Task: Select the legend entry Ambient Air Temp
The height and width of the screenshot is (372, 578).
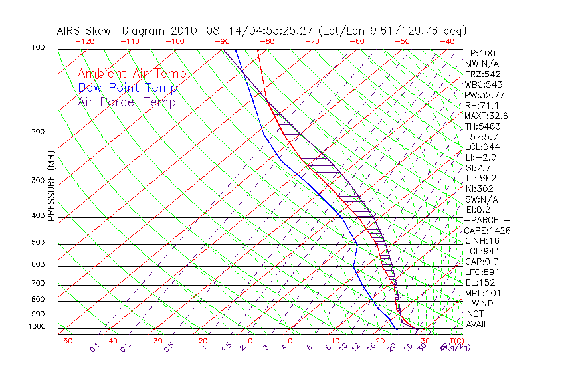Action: (132, 74)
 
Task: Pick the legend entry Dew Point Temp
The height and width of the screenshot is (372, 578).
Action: (128, 88)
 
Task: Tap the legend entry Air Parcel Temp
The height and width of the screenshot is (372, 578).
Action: (126, 102)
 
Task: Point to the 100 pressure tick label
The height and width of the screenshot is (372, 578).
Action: (38, 48)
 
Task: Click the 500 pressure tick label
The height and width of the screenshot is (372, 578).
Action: (38, 243)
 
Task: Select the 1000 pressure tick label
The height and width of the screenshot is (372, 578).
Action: (36, 327)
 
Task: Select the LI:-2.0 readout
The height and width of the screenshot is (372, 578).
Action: (481, 157)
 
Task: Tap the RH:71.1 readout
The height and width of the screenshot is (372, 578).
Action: (481, 106)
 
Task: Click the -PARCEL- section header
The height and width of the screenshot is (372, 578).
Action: (487, 220)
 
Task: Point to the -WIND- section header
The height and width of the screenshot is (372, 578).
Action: (482, 303)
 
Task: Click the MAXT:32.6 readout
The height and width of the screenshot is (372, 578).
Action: (486, 116)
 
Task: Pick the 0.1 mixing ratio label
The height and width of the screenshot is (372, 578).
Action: (94, 346)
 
